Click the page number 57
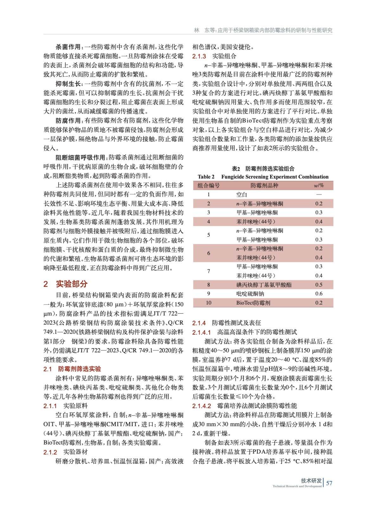pos(329,483)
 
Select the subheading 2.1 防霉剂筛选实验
pos(72,369)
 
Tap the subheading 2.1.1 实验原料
pos(66,406)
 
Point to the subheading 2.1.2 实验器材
pos(66,452)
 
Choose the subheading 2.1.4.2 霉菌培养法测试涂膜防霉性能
pos(245,406)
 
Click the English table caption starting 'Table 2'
pos(263,177)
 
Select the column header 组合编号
pos(208,185)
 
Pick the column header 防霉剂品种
pos(264,185)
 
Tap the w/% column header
pos(319,185)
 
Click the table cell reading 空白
pos(242,195)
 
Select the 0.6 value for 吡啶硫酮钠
pos(319,294)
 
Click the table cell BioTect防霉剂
pos(253,303)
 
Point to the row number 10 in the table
pos(208,303)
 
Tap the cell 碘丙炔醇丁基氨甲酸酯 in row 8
pos(264,285)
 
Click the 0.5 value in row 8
pos(319,285)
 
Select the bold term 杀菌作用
pos(68,47)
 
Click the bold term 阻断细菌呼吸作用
pos(80,157)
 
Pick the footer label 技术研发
pos(311,480)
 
